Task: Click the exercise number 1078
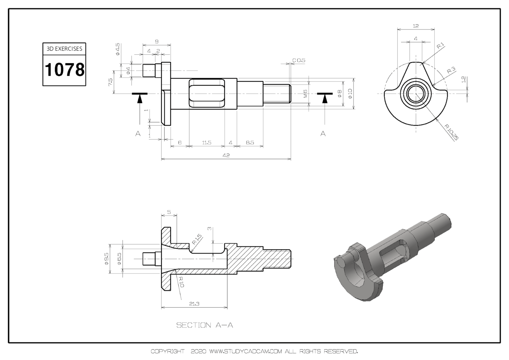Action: coord(64,70)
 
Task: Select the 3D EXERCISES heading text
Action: coord(64,49)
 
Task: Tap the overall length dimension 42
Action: coord(226,155)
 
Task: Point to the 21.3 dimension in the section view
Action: coord(194,304)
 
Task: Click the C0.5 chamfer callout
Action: coord(299,60)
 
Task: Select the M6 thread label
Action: coord(305,94)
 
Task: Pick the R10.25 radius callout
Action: coord(451,132)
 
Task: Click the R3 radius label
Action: coord(451,70)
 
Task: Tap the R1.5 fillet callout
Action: coord(197,239)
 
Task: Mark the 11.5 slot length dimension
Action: coord(206,143)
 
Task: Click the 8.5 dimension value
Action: coord(250,143)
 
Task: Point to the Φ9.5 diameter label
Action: coord(106,259)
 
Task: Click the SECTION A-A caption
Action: coord(204,325)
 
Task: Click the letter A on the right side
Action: coord(323,134)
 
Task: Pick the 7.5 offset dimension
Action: coord(110,82)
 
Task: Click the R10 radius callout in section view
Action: coord(181,282)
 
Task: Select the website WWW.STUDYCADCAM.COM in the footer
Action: coord(246,351)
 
